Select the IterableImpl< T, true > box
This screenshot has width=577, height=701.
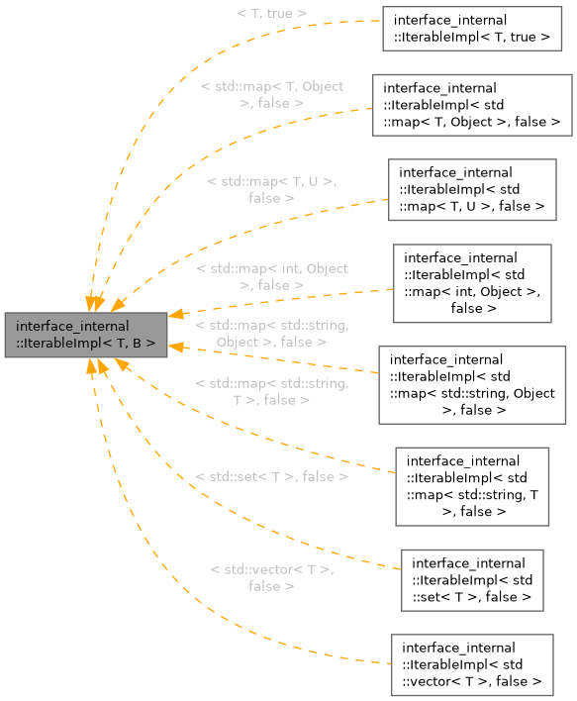click(x=472, y=28)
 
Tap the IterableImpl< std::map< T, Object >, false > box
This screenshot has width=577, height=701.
click(x=472, y=105)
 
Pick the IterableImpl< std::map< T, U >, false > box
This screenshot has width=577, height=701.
click(x=471, y=189)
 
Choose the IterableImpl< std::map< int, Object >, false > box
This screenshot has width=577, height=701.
click(x=471, y=282)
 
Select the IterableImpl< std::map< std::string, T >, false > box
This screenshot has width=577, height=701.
click(x=471, y=485)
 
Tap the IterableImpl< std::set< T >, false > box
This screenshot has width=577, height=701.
click(x=471, y=579)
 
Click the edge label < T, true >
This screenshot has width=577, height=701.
click(x=272, y=14)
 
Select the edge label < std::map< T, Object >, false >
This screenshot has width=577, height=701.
click(x=272, y=94)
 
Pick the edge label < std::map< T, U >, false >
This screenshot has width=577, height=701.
click(x=272, y=189)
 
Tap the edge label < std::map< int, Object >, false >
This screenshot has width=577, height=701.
click(x=272, y=276)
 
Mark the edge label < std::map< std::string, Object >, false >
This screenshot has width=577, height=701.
click(x=272, y=333)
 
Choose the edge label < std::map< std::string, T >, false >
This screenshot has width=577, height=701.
click(x=272, y=391)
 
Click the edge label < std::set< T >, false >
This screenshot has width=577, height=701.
click(x=272, y=476)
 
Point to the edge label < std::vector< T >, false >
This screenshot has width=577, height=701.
click(x=272, y=577)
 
